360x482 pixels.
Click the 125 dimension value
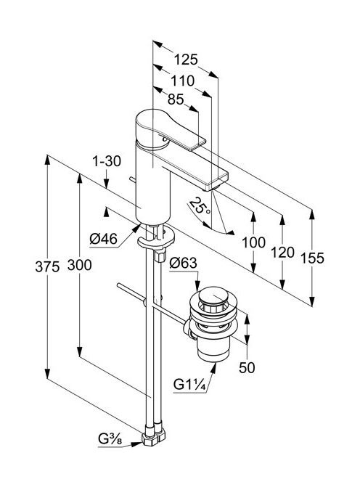186,60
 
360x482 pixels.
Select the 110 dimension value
183,81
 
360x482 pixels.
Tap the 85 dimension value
176,99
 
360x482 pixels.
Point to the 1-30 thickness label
107,161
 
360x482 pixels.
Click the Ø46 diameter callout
104,239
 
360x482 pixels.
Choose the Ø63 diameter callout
183,263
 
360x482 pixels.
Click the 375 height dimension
47,266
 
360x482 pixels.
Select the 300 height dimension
79,265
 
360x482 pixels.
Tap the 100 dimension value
253,242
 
